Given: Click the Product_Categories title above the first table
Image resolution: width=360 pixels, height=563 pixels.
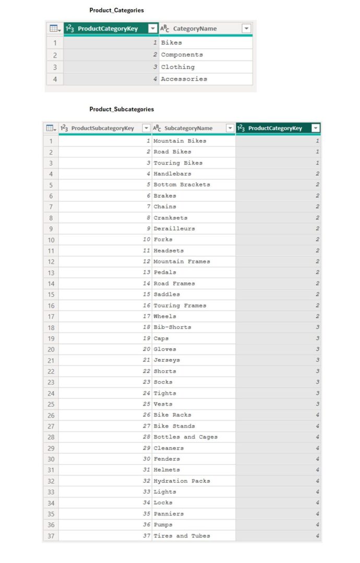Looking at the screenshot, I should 116,10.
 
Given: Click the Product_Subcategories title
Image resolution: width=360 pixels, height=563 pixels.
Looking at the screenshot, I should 122,109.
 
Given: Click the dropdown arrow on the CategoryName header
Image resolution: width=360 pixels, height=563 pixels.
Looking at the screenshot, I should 246,29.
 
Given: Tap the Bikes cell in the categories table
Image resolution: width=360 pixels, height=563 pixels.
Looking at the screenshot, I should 172,43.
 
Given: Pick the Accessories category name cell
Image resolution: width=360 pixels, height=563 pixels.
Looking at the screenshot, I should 184,79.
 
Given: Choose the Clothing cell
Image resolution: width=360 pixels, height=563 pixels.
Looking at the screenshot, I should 177,67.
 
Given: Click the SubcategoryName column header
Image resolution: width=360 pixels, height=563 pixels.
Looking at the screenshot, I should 188,128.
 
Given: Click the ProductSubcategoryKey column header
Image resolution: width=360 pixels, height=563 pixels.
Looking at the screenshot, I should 102,128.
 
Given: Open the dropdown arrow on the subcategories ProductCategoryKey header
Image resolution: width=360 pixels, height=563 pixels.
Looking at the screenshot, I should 315,128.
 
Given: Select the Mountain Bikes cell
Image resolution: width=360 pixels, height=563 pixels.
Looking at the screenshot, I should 179,141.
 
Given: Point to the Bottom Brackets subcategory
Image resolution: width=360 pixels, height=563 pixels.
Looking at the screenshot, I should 182,185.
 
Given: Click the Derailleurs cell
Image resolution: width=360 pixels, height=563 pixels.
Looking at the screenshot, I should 174,228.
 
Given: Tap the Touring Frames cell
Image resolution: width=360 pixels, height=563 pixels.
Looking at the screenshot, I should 179,305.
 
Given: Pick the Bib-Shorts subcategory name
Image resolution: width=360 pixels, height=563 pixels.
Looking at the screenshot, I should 172,327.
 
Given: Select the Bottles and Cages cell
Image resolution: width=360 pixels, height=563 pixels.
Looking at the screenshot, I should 185,437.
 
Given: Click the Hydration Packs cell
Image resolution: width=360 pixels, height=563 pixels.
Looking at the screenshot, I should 182,481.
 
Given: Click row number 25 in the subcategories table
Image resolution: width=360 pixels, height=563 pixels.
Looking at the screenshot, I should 51,404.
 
